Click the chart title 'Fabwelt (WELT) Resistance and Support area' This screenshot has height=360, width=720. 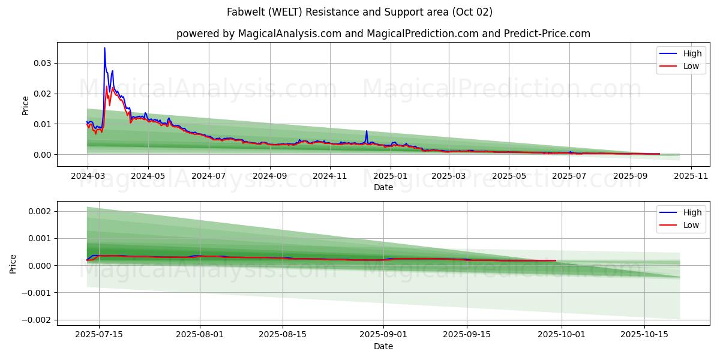[359, 12]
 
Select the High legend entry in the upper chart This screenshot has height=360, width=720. [692, 53]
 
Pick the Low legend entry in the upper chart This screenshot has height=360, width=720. [691, 66]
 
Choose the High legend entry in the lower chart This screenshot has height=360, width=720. [692, 212]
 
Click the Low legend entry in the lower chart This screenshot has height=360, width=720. [691, 225]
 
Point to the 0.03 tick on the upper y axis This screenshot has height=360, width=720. [41, 63]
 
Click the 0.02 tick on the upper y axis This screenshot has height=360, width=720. [41, 94]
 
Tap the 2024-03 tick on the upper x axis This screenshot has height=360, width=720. [88, 176]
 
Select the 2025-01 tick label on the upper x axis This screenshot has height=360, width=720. [391, 176]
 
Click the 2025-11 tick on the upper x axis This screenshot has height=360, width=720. [691, 176]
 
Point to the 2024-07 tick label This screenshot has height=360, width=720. [208, 176]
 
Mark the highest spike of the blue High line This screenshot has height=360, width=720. [104, 48]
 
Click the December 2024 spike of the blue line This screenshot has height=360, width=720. [366, 131]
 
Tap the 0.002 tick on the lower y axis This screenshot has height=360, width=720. [40, 211]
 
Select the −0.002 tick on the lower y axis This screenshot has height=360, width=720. [37, 320]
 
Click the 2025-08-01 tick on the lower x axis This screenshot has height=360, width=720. [199, 335]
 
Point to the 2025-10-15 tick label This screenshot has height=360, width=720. [645, 335]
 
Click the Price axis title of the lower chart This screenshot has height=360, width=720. [13, 263]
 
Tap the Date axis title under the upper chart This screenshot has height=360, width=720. [383, 187]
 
